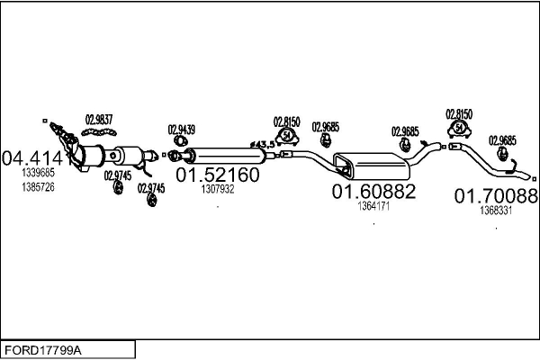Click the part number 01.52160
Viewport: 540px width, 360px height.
click(x=216, y=174)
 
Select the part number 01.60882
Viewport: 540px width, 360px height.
click(x=373, y=192)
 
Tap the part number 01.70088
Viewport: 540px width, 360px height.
click(x=495, y=195)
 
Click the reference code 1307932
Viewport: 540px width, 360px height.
click(x=218, y=189)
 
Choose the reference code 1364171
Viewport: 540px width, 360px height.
click(x=373, y=206)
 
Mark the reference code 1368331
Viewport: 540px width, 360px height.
click(x=496, y=210)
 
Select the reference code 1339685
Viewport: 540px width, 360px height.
click(x=38, y=172)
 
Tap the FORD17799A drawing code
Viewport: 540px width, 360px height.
click(x=45, y=349)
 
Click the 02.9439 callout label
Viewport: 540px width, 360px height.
click(x=181, y=128)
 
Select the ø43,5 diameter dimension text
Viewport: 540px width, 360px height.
click(x=262, y=144)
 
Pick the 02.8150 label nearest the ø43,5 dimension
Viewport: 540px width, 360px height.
click(x=286, y=121)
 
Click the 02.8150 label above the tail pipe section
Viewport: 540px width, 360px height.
click(x=459, y=114)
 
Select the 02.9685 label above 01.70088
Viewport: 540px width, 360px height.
click(x=502, y=140)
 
